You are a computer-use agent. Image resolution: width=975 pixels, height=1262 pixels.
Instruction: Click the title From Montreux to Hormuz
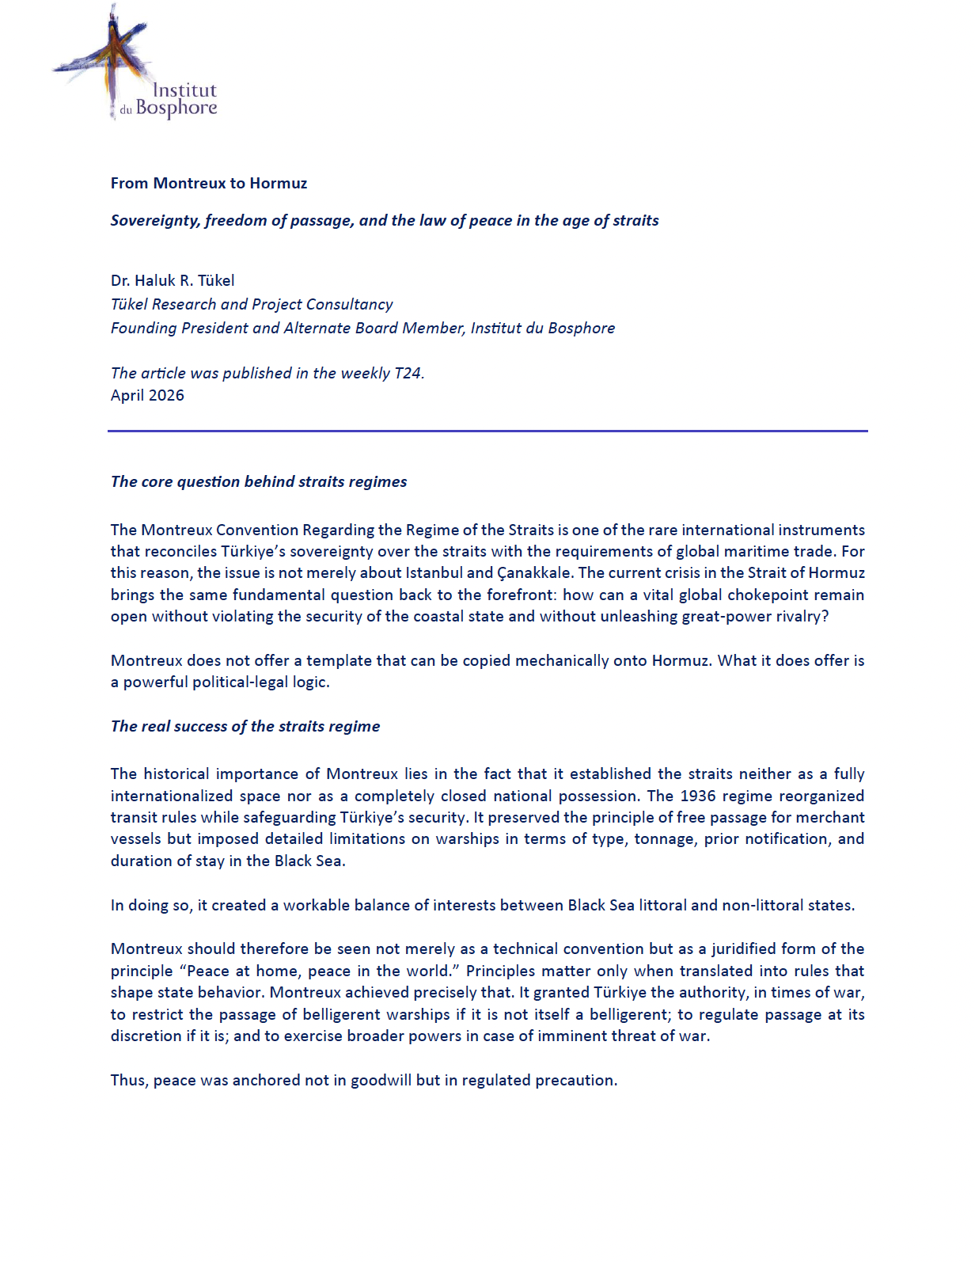209,183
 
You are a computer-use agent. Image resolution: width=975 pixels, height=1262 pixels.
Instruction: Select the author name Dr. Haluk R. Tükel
173,280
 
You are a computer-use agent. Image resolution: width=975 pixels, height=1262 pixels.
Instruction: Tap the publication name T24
409,373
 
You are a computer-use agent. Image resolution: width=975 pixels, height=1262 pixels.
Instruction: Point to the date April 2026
147,395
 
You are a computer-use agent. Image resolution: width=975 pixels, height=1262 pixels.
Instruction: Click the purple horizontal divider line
487,431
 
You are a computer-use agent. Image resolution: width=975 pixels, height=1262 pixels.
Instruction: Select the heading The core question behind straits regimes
259,481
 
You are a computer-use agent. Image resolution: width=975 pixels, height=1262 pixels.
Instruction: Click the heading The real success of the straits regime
245,726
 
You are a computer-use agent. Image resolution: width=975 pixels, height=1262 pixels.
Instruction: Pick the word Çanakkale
533,572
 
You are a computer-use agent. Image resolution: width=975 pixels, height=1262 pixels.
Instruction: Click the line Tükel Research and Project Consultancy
252,304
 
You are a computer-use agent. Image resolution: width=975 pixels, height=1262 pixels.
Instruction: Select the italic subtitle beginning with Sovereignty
385,220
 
